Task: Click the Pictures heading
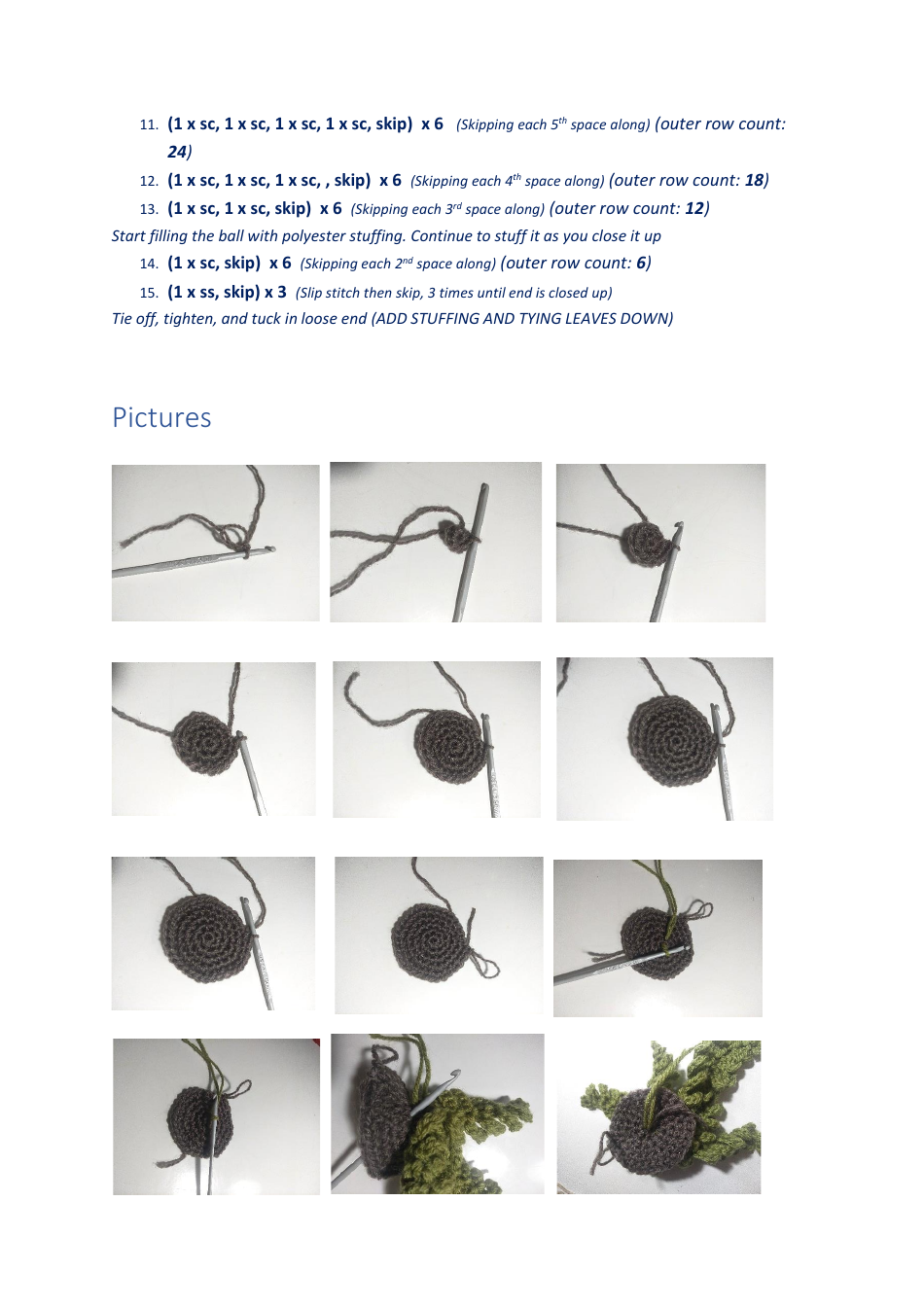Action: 161,417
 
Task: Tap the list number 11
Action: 148,124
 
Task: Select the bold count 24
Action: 177,152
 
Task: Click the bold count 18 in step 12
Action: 754,180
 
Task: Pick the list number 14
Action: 148,264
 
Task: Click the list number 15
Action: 148,293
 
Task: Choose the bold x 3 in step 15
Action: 275,292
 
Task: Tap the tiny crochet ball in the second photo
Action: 455,536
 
